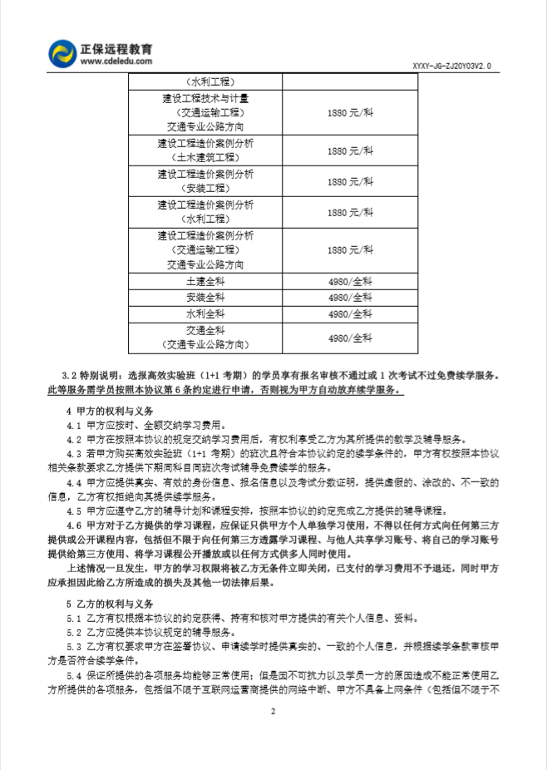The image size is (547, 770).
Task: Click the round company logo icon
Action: [62, 54]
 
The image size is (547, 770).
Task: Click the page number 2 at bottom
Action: [272, 712]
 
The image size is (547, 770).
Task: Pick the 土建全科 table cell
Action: [205, 282]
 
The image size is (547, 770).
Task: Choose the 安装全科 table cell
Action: [205, 298]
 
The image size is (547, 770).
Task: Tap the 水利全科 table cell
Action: [205, 313]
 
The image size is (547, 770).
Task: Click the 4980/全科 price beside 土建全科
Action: [350, 282]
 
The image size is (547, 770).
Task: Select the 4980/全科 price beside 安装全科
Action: [350, 298]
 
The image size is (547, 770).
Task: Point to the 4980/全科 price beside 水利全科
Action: [350, 313]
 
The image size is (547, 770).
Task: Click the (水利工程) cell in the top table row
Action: [205, 81]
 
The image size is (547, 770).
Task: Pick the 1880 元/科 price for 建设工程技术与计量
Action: [350, 111]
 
